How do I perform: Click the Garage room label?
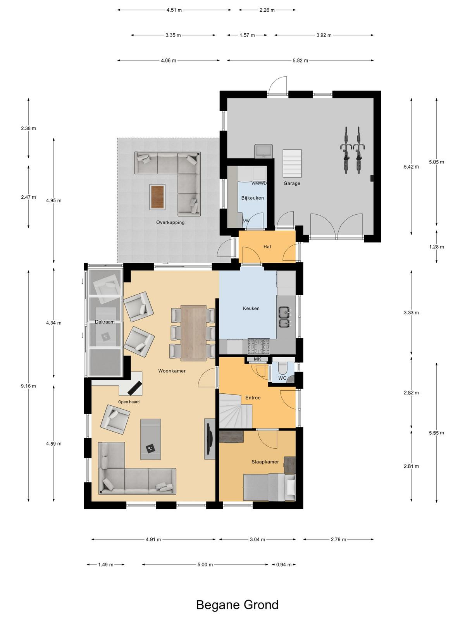(x=292, y=183)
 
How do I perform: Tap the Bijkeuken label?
(x=252, y=198)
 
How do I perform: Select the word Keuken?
(x=251, y=308)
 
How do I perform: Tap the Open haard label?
(x=129, y=402)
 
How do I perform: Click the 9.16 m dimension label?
(x=28, y=386)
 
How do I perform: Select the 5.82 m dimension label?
(x=300, y=60)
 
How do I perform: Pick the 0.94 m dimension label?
(x=284, y=565)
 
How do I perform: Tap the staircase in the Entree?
(x=236, y=412)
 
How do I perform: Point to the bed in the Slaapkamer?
(x=269, y=488)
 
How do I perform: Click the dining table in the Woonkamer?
(x=194, y=333)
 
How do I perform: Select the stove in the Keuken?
(x=258, y=346)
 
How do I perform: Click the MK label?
(x=257, y=359)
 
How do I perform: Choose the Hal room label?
(x=267, y=246)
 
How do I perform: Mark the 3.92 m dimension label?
(x=324, y=35)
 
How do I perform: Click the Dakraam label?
(x=105, y=322)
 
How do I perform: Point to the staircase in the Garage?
(x=292, y=164)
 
